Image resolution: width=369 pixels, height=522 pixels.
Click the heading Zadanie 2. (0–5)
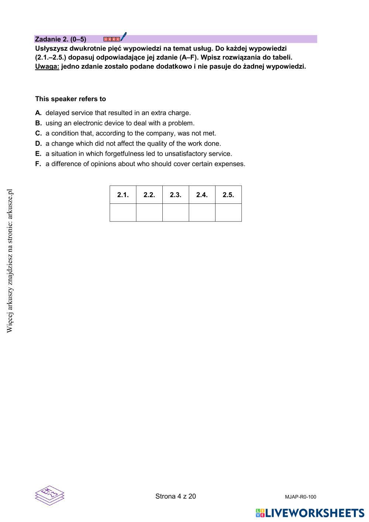coord(61,39)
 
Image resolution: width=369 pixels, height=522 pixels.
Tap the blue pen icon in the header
coord(124,37)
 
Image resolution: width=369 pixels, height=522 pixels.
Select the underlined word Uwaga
coord(47,67)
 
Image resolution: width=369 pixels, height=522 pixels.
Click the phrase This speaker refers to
coord(70,99)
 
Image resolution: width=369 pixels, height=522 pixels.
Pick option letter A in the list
coord(38,113)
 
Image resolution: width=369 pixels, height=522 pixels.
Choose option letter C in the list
coord(38,133)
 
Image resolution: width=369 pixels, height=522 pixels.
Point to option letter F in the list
coord(38,164)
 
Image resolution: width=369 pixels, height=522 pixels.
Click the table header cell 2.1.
coord(123,195)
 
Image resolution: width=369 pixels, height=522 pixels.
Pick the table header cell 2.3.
coord(176,195)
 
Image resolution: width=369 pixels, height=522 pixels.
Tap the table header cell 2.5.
coord(228,195)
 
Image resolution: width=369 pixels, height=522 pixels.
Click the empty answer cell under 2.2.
coord(149,213)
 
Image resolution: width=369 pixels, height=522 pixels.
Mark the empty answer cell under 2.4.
coord(202,213)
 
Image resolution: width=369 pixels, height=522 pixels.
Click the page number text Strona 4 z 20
coord(176,497)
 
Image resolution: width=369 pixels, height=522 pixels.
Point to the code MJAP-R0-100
coord(300,497)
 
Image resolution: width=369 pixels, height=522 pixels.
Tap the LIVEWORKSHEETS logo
coord(310,513)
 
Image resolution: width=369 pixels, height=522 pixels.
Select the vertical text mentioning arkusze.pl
coord(10,261)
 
